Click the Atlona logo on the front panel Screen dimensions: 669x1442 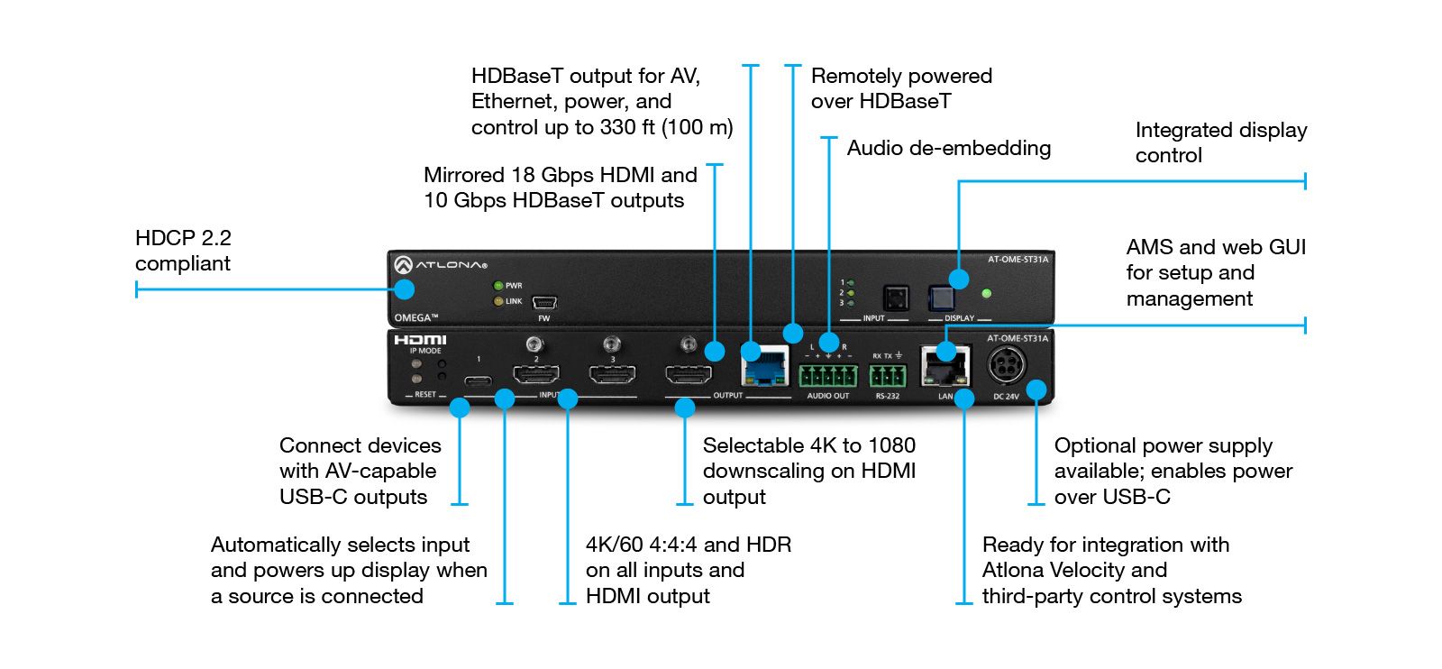[x=440, y=265]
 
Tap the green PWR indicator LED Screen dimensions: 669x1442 [x=497, y=286]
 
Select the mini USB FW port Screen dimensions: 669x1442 [x=544, y=303]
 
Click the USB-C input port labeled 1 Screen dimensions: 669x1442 [x=479, y=380]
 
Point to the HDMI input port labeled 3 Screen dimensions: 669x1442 [x=612, y=373]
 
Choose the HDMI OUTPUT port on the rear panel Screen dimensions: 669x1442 [x=689, y=373]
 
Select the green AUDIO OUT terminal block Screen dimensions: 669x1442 [x=827, y=374]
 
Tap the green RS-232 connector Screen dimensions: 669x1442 [x=887, y=375]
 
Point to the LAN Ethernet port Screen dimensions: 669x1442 [x=944, y=367]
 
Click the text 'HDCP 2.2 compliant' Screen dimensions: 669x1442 [x=183, y=251]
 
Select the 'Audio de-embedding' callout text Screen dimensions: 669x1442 [x=948, y=148]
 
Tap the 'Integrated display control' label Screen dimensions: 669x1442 [x=1220, y=142]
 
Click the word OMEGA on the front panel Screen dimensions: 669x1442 [x=415, y=317]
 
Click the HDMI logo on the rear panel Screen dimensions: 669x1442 [x=420, y=340]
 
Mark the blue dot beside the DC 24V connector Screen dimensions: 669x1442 [x=1036, y=389]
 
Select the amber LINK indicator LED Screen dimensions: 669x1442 [x=497, y=301]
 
